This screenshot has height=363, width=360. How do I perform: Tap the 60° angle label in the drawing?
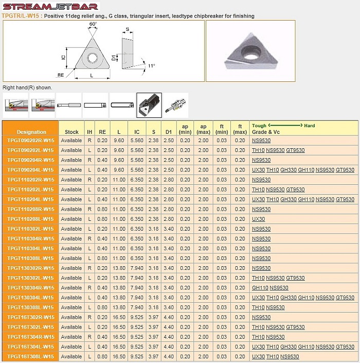coord(93,24)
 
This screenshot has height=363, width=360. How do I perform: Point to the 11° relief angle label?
coord(151,66)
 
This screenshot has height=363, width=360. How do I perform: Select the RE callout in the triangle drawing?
coord(60,75)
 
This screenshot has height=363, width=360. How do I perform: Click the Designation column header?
coord(31,132)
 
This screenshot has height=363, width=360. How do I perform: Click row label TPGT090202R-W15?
coord(31,141)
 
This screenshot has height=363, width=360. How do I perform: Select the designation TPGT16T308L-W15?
coord(31,356)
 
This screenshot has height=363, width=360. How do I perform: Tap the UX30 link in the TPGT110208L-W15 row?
coord(258,219)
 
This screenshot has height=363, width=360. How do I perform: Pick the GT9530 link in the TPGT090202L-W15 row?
coord(295,150)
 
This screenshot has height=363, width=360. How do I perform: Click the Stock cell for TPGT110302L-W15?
coord(71,229)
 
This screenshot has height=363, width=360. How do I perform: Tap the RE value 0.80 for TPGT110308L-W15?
coord(102,258)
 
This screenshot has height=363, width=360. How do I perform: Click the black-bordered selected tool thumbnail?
coord(149,105)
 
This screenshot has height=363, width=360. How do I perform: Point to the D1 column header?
coord(169,129)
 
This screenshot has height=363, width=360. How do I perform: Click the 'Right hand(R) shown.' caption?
coord(27,88)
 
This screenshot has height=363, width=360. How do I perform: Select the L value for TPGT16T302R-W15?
coord(119,317)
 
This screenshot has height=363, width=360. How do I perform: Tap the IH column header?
coord(89,132)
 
